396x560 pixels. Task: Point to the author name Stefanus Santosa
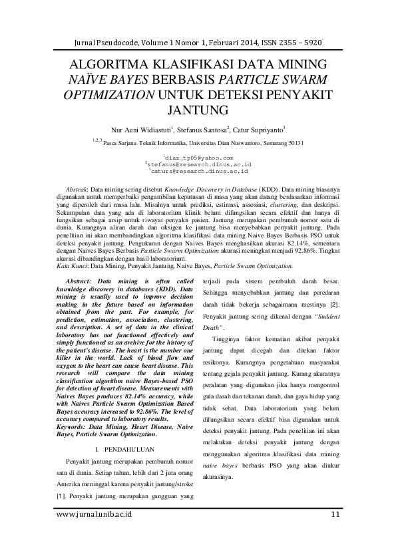(202, 129)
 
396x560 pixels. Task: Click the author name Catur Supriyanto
(258, 129)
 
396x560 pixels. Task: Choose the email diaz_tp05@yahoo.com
(198, 157)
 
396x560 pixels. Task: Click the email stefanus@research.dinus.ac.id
(198, 164)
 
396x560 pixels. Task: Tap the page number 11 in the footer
(335, 514)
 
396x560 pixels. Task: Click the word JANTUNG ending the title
(198, 108)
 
